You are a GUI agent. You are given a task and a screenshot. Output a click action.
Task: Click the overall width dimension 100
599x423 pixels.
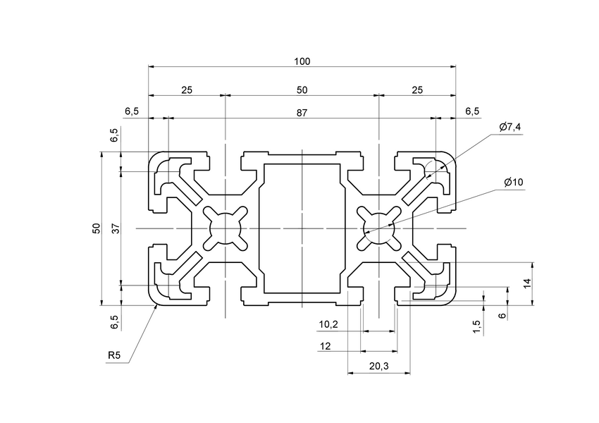pos(302,62)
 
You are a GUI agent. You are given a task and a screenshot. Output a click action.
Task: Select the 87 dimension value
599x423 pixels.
pos(302,112)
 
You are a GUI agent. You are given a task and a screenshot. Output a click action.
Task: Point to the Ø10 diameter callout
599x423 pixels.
pos(514,183)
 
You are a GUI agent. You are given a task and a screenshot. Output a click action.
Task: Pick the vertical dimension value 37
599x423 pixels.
pos(115,228)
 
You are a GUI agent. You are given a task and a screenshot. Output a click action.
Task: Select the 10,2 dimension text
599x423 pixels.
pos(328,324)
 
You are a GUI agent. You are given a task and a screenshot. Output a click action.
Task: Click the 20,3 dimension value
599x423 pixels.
pos(378,366)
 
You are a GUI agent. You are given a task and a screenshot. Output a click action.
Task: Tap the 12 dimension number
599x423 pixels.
pos(326,345)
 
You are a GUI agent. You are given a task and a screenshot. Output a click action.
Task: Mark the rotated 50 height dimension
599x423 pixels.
pos(95,228)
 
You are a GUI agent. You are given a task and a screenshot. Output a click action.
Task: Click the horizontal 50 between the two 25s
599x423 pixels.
pos(302,90)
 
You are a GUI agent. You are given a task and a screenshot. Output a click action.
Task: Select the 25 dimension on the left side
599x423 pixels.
pos(187,90)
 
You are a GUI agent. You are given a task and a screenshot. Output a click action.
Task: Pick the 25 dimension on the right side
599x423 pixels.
pos(417,90)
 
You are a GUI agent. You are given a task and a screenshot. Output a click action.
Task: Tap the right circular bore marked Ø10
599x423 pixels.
pos(378,228)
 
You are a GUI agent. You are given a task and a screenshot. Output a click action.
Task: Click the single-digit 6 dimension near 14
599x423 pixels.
pos(501,315)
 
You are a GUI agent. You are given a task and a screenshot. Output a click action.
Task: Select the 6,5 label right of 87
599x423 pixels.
pos(472,112)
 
